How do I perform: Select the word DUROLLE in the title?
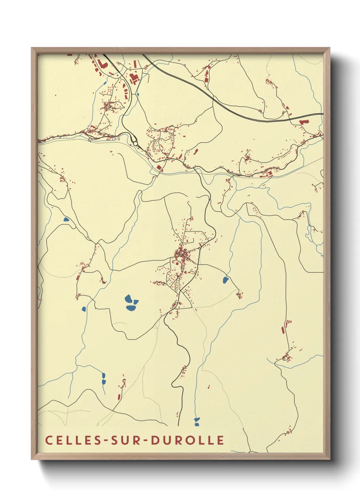[x=187, y=440]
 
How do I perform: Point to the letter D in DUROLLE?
[x=155, y=440]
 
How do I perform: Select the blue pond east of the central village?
[x=225, y=280]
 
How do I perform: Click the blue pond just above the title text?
[x=197, y=422]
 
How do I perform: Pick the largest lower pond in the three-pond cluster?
[x=131, y=308]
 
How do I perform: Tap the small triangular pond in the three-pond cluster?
[x=136, y=302]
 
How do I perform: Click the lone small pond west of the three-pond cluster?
[x=84, y=309]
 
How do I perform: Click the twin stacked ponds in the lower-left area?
[x=103, y=379]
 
